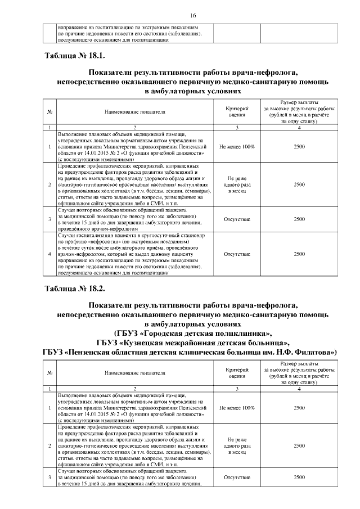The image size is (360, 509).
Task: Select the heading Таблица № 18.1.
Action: tap(74, 57)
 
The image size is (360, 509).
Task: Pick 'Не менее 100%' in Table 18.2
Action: tap(237, 408)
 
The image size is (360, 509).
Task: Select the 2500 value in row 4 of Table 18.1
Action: tap(299, 254)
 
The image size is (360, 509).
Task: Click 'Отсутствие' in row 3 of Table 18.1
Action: tap(237, 219)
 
